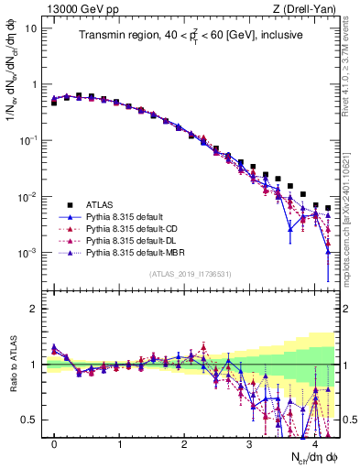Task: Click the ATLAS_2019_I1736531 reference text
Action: coord(191,274)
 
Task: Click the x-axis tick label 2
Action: coord(184,442)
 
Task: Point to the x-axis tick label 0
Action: coord(54,442)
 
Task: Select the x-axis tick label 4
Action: coord(314,442)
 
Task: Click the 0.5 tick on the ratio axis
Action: coord(32,420)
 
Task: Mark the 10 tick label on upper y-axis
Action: coord(30,27)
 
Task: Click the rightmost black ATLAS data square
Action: coord(328,208)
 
